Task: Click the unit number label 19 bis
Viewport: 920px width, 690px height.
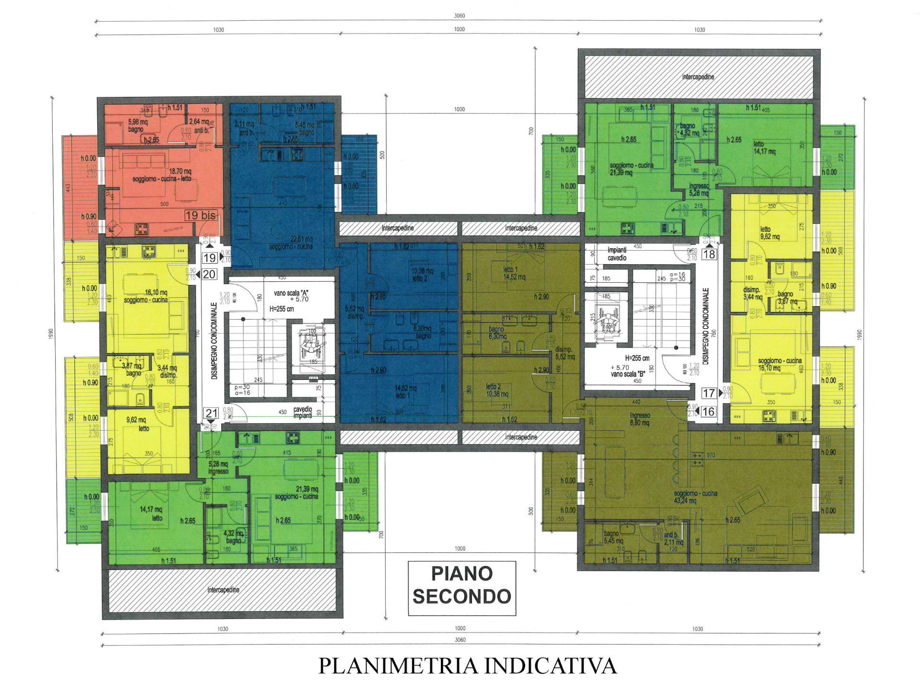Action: (200, 215)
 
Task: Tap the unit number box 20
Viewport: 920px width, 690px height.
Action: (210, 274)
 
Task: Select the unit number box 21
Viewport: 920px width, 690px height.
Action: (211, 413)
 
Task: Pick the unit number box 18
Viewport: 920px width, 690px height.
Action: (709, 254)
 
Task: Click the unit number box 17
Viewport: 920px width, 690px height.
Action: (709, 393)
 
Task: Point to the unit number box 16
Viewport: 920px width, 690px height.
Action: (708, 411)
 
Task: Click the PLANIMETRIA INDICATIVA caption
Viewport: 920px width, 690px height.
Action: (468, 666)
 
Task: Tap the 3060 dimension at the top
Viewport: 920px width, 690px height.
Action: (459, 16)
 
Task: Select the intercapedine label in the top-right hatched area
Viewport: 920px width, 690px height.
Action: (698, 77)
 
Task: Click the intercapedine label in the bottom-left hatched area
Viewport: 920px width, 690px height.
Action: (223, 590)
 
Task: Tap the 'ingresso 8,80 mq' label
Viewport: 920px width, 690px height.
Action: (640, 419)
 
